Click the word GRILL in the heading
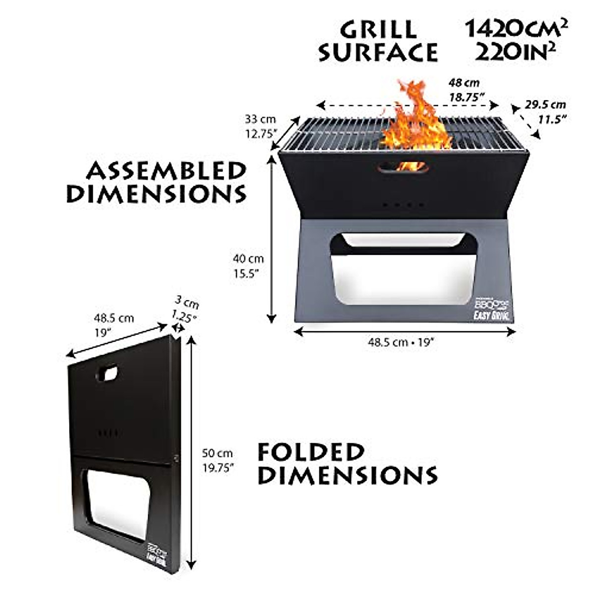coord(378,30)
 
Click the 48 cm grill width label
coord(464,83)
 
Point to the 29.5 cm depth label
coord(545,105)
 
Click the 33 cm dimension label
coord(260,119)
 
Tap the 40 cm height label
coord(248,258)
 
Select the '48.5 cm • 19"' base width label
coord(401,342)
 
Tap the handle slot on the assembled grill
coord(402,168)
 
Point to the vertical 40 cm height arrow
coord(271,238)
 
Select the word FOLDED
coord(311,452)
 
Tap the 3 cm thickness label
coord(186,302)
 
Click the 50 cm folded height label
coord(217,453)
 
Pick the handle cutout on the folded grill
coord(108,373)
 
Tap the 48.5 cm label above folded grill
coord(114,318)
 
